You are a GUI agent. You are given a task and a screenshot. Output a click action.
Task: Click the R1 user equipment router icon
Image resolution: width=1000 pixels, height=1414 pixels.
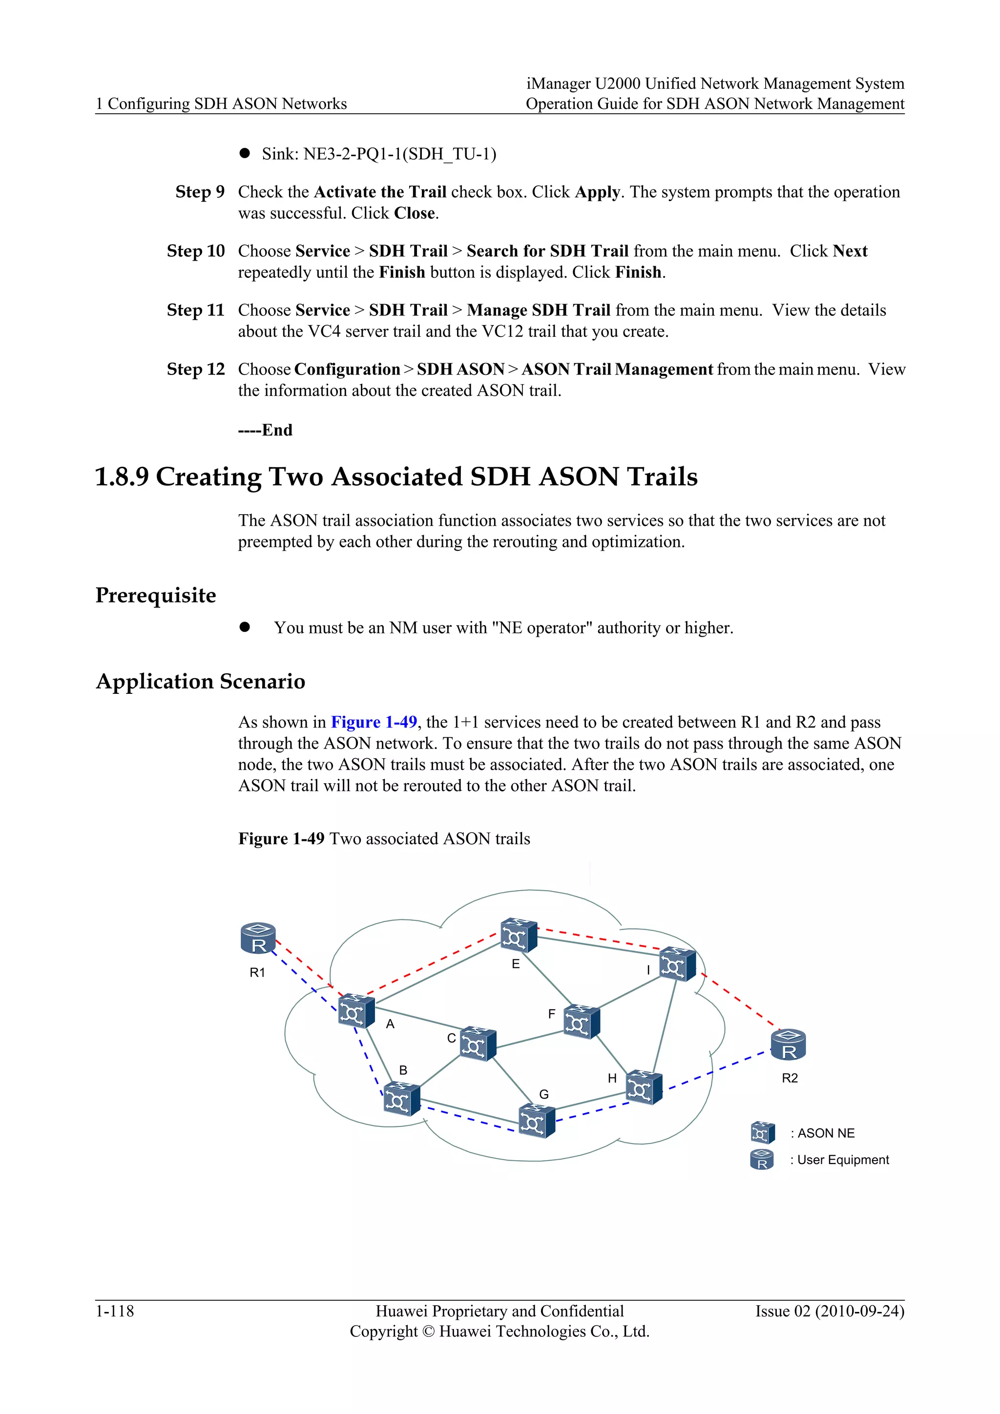tap(258, 938)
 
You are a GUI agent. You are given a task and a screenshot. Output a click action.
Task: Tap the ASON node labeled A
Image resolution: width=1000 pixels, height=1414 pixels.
tap(356, 1011)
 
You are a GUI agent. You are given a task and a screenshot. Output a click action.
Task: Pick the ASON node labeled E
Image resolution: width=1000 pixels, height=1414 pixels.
tap(519, 936)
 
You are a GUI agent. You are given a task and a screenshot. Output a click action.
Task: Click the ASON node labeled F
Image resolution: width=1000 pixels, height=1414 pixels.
tap(581, 1021)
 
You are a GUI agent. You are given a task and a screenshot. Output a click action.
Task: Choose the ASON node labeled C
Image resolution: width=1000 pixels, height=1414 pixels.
tap(478, 1043)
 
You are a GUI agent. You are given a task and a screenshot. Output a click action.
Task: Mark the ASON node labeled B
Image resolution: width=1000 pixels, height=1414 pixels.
tap(401, 1099)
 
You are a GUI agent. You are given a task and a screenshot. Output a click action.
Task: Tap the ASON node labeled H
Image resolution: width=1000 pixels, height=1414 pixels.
tap(644, 1087)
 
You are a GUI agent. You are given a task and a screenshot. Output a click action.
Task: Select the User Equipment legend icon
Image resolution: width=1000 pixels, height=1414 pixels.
tap(762, 1160)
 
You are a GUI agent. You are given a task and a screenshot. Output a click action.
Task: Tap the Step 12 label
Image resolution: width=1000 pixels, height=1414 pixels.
tap(196, 369)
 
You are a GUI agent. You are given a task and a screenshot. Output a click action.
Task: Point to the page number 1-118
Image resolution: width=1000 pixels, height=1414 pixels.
tap(115, 1311)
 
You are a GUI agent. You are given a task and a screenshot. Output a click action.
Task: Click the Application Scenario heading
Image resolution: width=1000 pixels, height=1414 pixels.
tap(201, 681)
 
